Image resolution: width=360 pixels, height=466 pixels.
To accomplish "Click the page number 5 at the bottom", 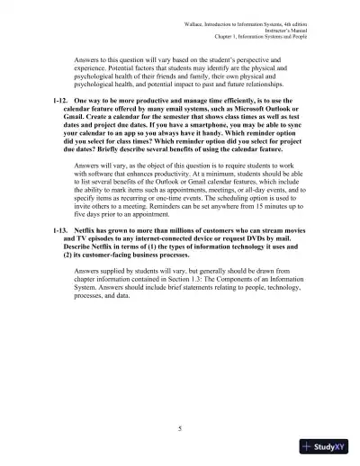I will [180, 425].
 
